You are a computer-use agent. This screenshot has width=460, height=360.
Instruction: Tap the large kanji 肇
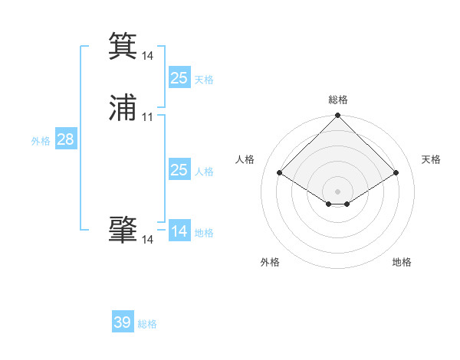[x=123, y=229]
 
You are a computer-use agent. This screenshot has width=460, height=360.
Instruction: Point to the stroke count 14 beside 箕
[x=148, y=56]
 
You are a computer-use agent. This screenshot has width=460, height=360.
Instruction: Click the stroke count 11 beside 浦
[x=148, y=117]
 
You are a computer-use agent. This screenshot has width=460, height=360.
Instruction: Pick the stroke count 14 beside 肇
[x=148, y=240]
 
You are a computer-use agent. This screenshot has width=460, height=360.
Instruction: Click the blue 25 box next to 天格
[x=179, y=77]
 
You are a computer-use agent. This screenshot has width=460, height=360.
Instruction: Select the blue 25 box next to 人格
[x=179, y=170]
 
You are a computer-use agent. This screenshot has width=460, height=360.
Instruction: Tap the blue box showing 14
[x=179, y=231]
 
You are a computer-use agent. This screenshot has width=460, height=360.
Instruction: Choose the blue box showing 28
[x=65, y=139]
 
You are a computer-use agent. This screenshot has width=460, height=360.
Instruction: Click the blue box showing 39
[x=123, y=322]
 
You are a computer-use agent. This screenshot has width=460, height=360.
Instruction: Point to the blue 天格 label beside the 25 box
[x=204, y=79]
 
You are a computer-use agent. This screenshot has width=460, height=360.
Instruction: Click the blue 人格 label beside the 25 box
[x=204, y=172]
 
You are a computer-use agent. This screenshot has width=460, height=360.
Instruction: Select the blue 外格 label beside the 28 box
[x=41, y=141]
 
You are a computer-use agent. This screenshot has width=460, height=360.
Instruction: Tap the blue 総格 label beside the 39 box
[x=147, y=324]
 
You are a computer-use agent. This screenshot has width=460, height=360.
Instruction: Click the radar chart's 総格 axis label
[x=337, y=100]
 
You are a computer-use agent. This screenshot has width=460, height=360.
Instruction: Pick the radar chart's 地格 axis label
[x=402, y=263]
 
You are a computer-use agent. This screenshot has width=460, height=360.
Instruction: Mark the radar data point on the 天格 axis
[x=396, y=172]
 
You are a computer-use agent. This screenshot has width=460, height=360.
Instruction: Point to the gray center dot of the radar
[x=337, y=191]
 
